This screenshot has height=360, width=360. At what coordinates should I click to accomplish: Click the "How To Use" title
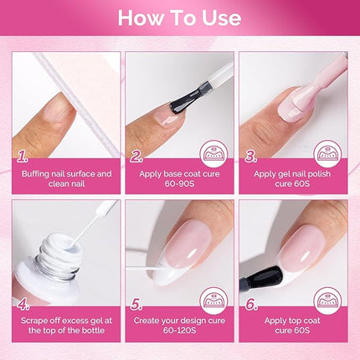click(x=179, y=18)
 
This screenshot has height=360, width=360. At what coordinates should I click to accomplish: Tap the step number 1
click(x=23, y=156)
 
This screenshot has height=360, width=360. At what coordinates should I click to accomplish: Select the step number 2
click(x=136, y=156)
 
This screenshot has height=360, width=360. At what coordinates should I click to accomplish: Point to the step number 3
click(x=249, y=156)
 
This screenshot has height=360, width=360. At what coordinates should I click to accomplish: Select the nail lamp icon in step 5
click(x=213, y=301)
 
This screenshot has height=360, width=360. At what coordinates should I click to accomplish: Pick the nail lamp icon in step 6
click(x=327, y=301)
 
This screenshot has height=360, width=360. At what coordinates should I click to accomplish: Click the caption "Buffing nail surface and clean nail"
click(x=67, y=179)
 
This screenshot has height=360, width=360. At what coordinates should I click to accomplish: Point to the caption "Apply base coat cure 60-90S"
click(x=179, y=179)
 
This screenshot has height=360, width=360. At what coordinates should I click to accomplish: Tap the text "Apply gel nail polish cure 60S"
click(x=292, y=179)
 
